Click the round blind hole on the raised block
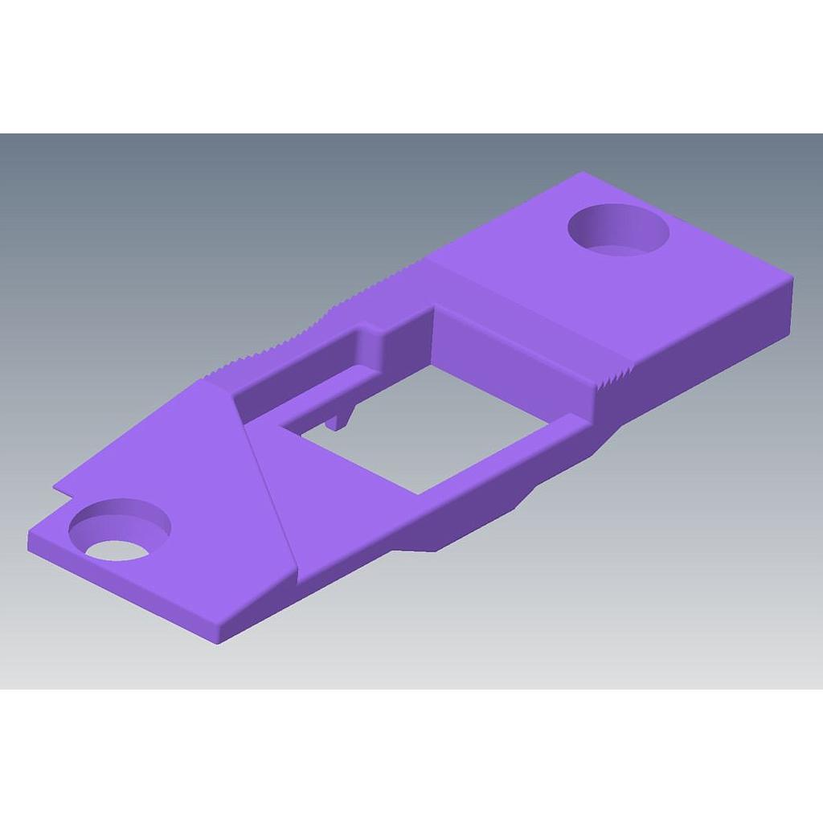[x=618, y=230]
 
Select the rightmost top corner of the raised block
[x=793, y=278]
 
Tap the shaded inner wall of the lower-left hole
[x=121, y=518]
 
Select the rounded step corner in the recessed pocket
[x=371, y=338]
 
